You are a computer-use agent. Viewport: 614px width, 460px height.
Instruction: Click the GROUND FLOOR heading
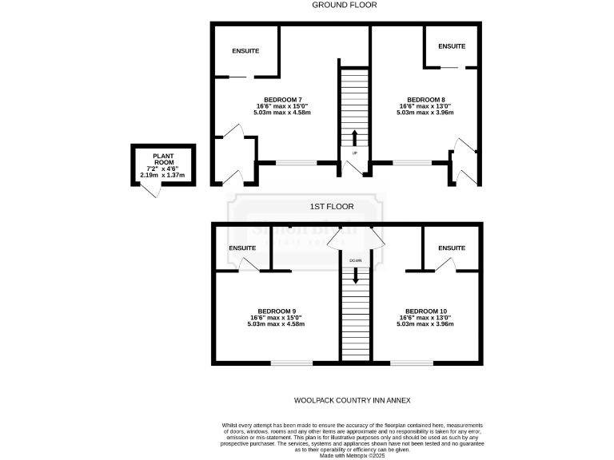tap(345, 5)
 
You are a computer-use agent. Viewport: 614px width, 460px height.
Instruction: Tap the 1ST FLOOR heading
tap(332, 206)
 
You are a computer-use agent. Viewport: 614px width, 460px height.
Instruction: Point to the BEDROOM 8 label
tap(425, 99)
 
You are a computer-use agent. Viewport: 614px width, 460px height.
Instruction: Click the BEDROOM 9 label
tap(277, 311)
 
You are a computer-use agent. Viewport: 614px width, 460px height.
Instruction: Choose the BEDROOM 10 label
tap(425, 311)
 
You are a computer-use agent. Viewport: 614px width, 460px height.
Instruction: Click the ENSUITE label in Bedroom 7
tap(245, 51)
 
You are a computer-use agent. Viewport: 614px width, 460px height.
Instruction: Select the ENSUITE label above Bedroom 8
tap(451, 46)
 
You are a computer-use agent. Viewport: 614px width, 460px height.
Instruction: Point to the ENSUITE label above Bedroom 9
tap(242, 248)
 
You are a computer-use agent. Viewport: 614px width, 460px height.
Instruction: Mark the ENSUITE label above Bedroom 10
tap(451, 248)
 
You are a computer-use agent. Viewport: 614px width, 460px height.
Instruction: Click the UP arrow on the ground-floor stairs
tap(354, 135)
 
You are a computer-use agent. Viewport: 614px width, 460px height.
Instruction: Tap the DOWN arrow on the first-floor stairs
tap(355, 276)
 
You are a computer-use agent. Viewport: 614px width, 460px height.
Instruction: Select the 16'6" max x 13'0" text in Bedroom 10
tap(425, 317)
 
